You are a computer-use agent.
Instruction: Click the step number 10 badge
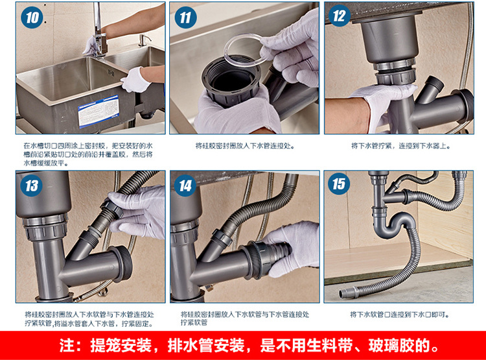(32, 18)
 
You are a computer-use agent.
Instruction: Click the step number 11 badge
(186, 18)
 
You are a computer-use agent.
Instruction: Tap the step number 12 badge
(340, 16)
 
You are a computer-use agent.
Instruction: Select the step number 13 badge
(31, 186)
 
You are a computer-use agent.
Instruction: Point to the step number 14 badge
(185, 186)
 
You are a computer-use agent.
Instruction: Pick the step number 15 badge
(339, 184)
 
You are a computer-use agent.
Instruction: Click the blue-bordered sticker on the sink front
(98, 111)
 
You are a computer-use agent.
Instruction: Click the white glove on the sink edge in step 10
(135, 80)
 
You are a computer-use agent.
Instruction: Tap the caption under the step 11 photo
(245, 145)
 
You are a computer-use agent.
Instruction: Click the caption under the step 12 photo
(400, 145)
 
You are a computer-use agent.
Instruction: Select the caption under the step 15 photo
(400, 315)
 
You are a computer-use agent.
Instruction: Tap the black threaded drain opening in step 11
(230, 81)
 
